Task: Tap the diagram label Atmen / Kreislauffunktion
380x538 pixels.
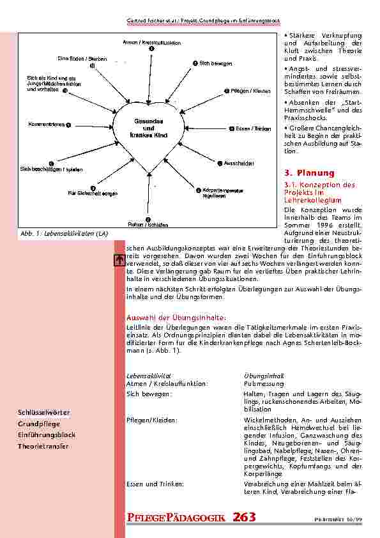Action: coord(151,42)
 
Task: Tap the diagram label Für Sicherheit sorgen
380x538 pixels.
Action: coord(92,192)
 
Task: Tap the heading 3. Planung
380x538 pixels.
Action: coord(308,173)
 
